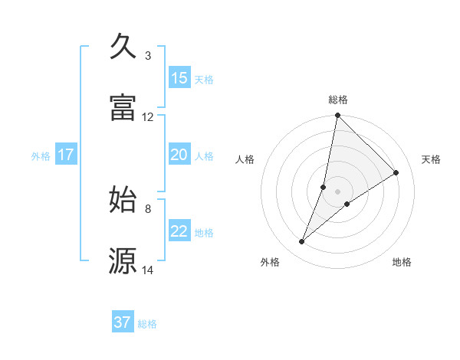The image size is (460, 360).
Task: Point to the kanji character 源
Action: (123, 260)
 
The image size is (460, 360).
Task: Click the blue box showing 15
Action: (179, 78)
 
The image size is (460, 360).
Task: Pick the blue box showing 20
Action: (179, 155)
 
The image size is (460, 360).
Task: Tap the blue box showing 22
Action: (179, 231)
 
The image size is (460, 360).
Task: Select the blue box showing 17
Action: (66, 155)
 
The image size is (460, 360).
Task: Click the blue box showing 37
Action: (123, 322)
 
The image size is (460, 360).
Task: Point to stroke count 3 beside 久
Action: (148, 56)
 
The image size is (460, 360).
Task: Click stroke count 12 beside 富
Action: (148, 117)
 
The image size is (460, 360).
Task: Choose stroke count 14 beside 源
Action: (148, 270)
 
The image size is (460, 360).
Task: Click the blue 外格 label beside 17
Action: (41, 155)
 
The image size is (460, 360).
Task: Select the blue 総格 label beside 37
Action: (147, 324)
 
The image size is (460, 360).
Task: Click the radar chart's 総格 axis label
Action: (338, 100)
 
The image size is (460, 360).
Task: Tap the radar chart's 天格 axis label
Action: (432, 159)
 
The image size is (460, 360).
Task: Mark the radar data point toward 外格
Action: (302, 242)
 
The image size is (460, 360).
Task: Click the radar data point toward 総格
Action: (337, 116)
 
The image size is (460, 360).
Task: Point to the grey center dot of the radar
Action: (337, 191)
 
